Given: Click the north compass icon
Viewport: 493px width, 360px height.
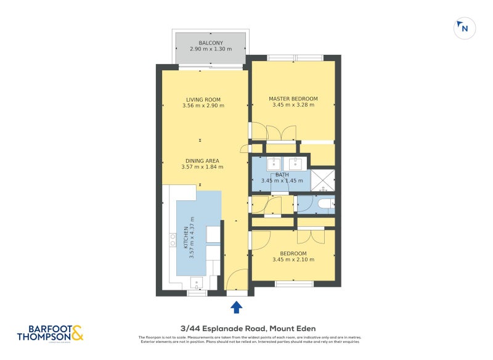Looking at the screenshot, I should pos(464,28).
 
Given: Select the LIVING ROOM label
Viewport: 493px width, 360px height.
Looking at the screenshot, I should pos(203,99).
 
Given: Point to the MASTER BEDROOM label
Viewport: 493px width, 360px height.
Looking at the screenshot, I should pos(293,99).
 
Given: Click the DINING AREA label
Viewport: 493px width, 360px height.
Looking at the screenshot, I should pos(203,161).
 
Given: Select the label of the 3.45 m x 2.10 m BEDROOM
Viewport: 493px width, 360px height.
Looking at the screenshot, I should pos(293,253).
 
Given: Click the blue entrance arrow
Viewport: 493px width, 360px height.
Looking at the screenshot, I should pos(237,307).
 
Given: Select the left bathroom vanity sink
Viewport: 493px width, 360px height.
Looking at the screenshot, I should pos(274,164).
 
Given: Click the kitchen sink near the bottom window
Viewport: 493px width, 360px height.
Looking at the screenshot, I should pos(198,282).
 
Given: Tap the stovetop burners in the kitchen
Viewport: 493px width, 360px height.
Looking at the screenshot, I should pos(173,240).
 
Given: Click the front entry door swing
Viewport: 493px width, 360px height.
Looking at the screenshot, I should pos(237,281).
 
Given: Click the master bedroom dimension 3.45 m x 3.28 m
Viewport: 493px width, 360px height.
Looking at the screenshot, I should pos(293,105).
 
